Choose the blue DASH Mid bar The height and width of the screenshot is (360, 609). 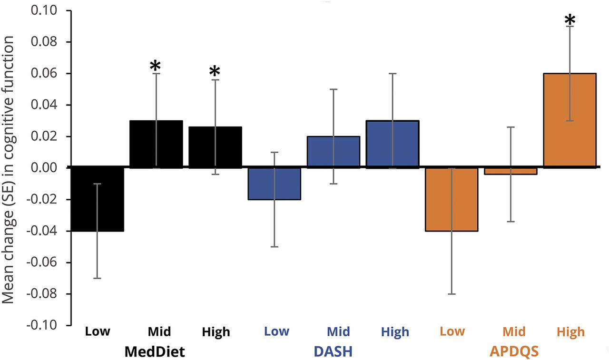(334, 152)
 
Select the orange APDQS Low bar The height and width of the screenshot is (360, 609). (452, 199)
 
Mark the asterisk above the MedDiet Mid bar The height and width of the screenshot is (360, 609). (156, 67)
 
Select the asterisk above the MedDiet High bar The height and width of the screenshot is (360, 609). (215, 72)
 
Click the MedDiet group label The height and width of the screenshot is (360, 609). (155, 352)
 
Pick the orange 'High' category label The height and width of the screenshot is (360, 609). (571, 331)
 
